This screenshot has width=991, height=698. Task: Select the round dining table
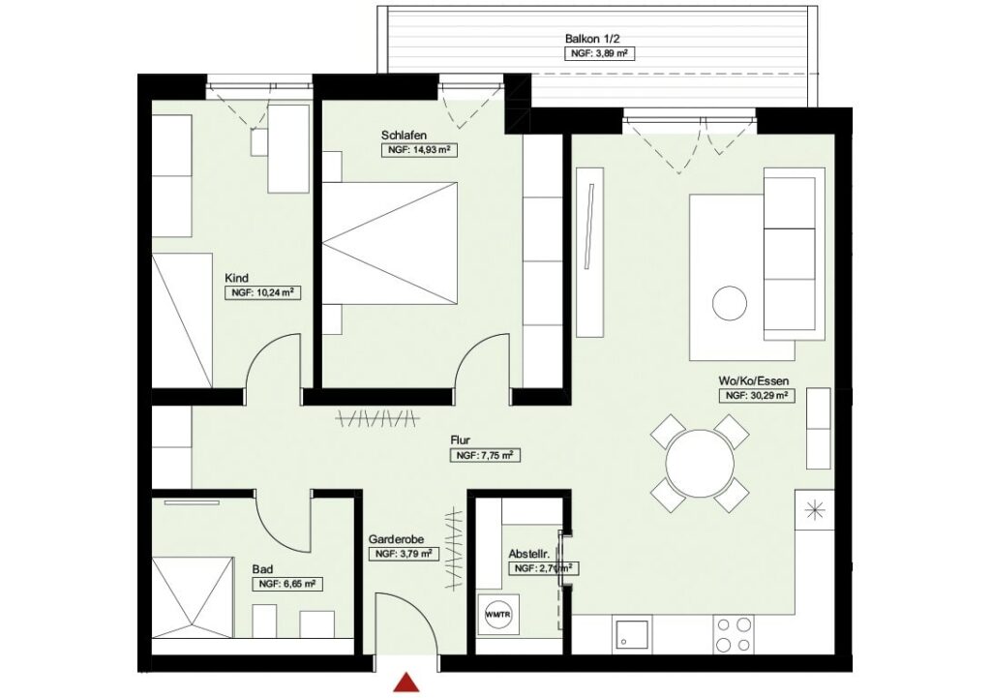click(x=700, y=463)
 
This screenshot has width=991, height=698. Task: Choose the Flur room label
click(x=462, y=439)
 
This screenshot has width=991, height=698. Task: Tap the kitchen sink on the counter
click(x=633, y=635)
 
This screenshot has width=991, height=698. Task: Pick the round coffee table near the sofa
click(x=730, y=304)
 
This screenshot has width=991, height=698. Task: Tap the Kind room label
click(x=236, y=278)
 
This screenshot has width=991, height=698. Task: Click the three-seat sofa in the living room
click(x=790, y=254)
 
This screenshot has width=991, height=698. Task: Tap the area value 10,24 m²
click(x=259, y=292)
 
